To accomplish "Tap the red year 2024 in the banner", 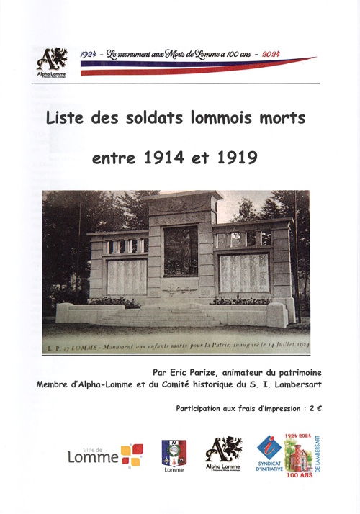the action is pos(271,54).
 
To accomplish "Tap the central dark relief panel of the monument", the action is pos(181,252).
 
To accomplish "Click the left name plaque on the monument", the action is pos(127,275).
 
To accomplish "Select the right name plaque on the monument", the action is pos(243,272).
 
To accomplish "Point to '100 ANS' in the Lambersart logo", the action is pos(300,475).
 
